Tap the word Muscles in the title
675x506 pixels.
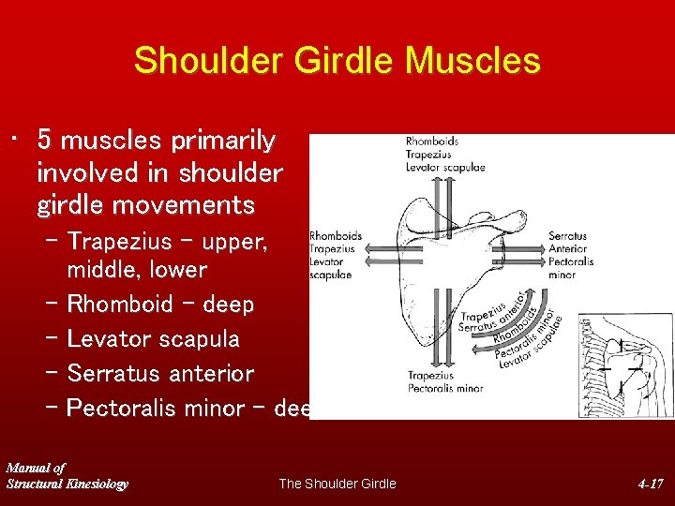tap(472, 61)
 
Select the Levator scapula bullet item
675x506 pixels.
tap(153, 338)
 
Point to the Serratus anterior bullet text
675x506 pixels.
tap(160, 373)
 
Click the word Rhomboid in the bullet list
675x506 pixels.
tap(120, 304)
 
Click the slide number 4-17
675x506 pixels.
tap(650, 484)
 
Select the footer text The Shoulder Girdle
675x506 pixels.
tap(337, 484)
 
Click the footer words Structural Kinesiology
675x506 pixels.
tap(67, 484)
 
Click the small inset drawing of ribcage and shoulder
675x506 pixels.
tap(625, 365)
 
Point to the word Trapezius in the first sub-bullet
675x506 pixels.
tap(120, 241)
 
